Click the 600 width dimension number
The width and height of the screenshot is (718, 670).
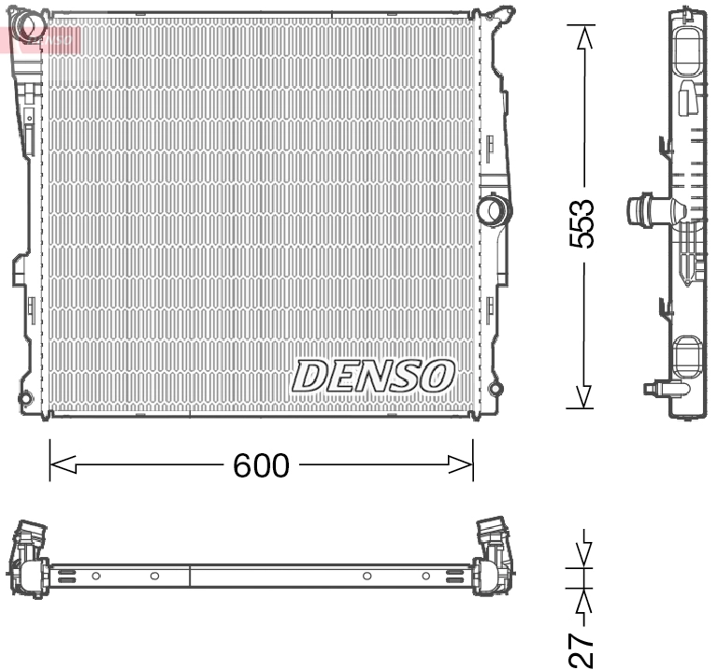(x=261, y=464)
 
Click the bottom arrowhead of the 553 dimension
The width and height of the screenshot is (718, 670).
(x=583, y=396)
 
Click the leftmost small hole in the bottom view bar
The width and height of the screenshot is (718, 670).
(x=95, y=576)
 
